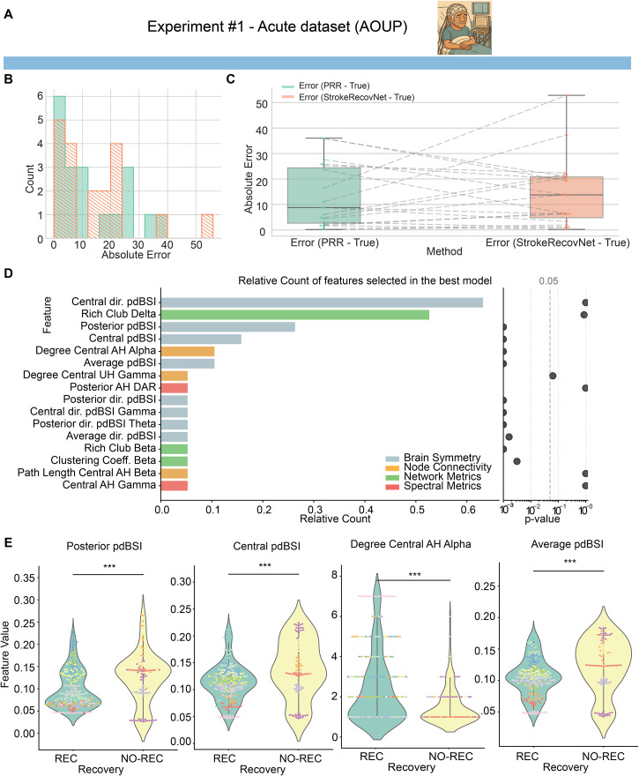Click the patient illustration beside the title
pyautogui.click(x=464, y=27)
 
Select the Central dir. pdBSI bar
pyautogui.click(x=322, y=302)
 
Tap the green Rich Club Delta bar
pyautogui.click(x=295, y=315)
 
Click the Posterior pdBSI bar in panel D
pyautogui.click(x=228, y=326)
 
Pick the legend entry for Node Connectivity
pyautogui.click(x=438, y=467)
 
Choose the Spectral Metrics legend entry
pyautogui.click(x=434, y=486)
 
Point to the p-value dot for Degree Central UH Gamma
pyautogui.click(x=553, y=377)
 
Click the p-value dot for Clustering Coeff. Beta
pyautogui.click(x=516, y=461)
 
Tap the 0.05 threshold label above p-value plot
pyautogui.click(x=548, y=281)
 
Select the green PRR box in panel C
pyautogui.click(x=324, y=196)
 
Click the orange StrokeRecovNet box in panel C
pyautogui.click(x=567, y=197)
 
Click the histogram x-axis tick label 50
pyautogui.click(x=197, y=245)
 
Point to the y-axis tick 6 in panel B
pyautogui.click(x=41, y=96)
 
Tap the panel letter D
pyautogui.click(x=8, y=273)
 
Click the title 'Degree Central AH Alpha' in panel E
pyautogui.click(x=411, y=544)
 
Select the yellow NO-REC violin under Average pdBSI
pyautogui.click(x=604, y=672)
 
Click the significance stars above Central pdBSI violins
pyautogui.click(x=265, y=565)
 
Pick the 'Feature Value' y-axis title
pyautogui.click(x=5, y=653)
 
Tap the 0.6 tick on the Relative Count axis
pyautogui.click(x=468, y=510)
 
